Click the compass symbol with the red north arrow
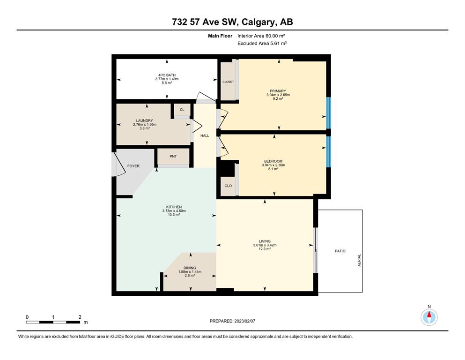[429, 317]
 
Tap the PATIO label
[340, 251]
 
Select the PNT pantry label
[173, 156]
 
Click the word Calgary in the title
[258, 22]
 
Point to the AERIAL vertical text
[359, 260]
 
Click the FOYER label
[133, 166]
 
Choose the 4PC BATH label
[167, 75]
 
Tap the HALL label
[205, 135]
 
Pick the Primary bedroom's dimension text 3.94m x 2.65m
[278, 95]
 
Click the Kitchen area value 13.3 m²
[174, 215]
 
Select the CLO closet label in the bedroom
[228, 186]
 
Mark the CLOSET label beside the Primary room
[228, 82]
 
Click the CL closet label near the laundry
[182, 110]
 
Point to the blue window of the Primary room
[328, 113]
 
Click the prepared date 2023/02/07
[244, 321]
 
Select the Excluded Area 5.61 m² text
[262, 43]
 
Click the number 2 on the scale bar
[80, 317]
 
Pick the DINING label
[190, 268]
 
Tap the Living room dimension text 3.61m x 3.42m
[265, 245]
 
